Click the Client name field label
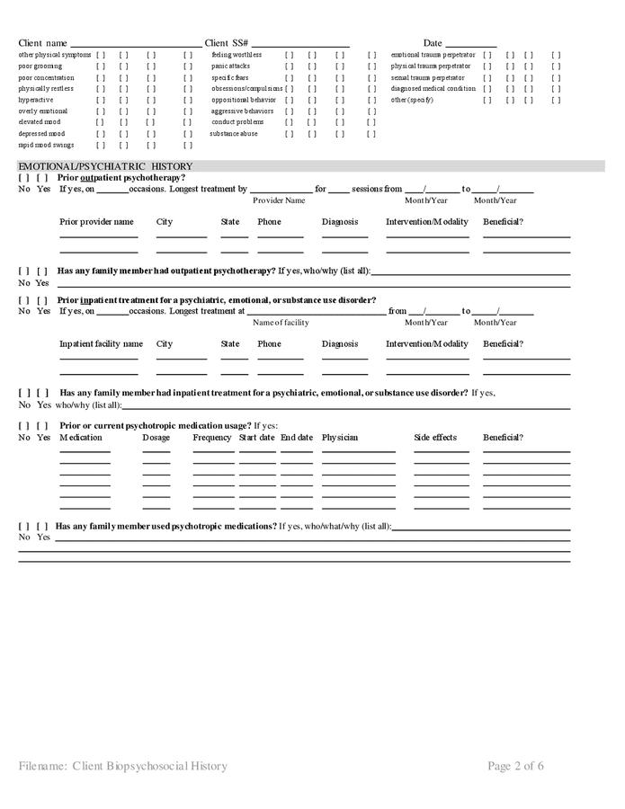(x=43, y=43)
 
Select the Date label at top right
(x=433, y=43)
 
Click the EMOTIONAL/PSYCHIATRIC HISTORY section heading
(x=105, y=166)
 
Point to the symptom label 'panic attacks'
(x=231, y=66)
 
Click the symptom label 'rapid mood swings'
(x=46, y=145)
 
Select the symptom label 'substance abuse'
(x=234, y=133)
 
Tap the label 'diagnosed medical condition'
(x=433, y=88)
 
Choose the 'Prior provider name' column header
(x=96, y=222)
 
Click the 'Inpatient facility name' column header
(x=101, y=343)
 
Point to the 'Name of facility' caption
(x=281, y=322)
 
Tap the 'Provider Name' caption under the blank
(x=279, y=200)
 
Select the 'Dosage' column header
(x=156, y=438)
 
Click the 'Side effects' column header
(x=435, y=438)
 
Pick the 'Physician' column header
(x=340, y=438)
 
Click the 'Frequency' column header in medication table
(x=212, y=438)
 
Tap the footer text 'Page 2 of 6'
(x=516, y=766)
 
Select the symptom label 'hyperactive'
(x=36, y=100)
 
